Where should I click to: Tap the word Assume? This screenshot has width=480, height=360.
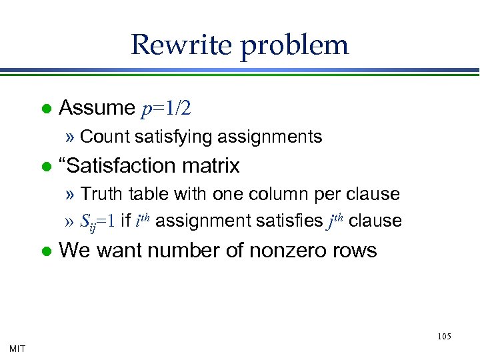[97, 107]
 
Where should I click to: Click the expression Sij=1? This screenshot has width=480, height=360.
[97, 221]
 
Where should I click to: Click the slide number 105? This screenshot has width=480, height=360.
[445, 337]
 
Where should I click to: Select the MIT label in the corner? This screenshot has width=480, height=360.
[18, 348]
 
